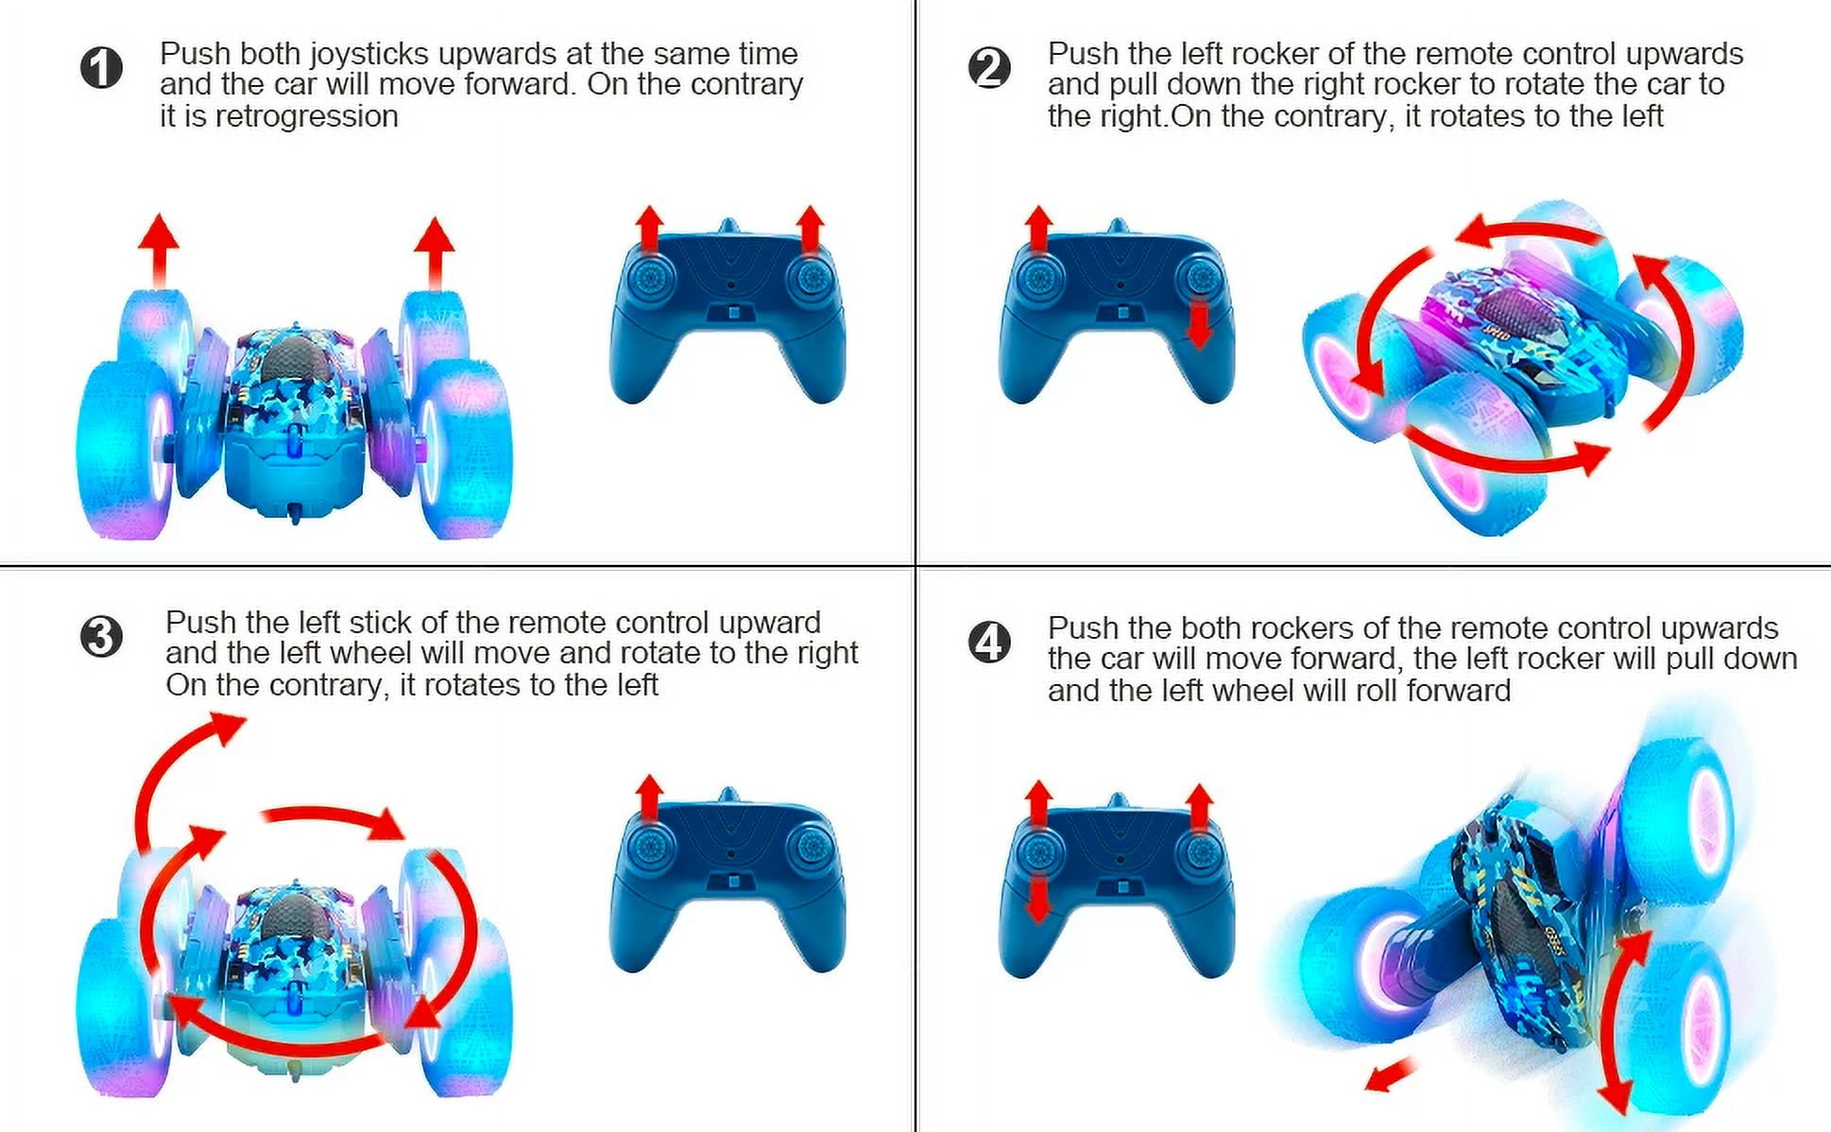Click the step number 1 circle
[101, 68]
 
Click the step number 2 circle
[989, 68]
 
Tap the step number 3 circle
[101, 637]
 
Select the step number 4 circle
[989, 643]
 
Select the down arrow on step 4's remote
[1038, 899]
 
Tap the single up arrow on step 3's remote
[648, 799]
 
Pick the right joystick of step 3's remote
[809, 847]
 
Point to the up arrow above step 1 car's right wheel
[435, 252]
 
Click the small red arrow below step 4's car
[1392, 1074]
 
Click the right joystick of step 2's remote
[1200, 279]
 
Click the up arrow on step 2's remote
[1038, 229]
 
